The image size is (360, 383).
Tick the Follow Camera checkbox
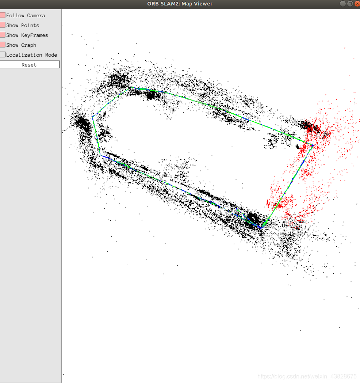tap(3, 15)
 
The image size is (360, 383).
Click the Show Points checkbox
tap(3, 25)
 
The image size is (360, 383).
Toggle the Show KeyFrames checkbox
tap(3, 35)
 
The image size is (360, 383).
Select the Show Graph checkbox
tap(3, 45)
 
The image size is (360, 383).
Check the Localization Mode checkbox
tap(3, 54)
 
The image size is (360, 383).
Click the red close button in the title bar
tap(357, 4)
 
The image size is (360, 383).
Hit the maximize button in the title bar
tap(350, 4)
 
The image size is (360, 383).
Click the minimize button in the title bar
tap(343, 4)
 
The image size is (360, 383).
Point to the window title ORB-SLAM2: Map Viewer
tap(180, 4)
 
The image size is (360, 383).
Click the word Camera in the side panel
tap(36, 15)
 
